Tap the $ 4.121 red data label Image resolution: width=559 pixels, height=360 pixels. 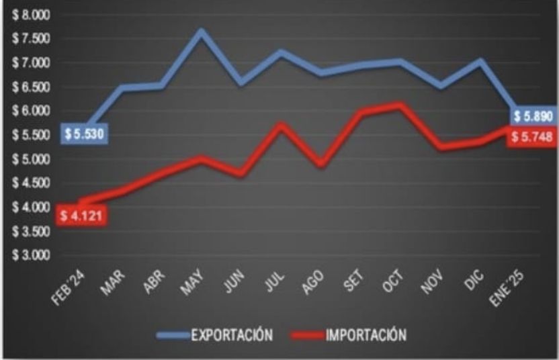(81, 216)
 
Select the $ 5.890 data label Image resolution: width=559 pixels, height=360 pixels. (533, 117)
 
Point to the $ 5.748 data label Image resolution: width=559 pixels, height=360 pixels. (532, 137)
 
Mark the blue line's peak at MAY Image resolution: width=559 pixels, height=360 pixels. (200, 31)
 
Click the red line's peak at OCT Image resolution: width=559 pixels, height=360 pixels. (400, 105)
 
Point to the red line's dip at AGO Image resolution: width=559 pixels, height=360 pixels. (320, 164)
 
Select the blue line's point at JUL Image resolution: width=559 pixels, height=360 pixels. (281, 52)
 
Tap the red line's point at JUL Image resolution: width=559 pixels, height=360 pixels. (281, 125)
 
